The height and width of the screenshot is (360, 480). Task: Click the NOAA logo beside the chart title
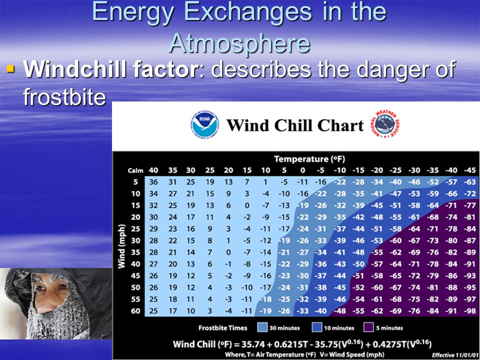click(x=205, y=125)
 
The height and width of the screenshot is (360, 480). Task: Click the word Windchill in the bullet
click(x=75, y=69)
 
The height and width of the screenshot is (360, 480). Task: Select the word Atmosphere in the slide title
click(x=239, y=43)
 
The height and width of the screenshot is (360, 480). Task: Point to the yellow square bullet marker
click(x=10, y=68)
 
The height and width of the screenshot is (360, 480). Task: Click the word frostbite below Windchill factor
click(x=64, y=97)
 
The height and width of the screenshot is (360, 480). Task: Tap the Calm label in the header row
click(x=135, y=170)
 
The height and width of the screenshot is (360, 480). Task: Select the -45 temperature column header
click(x=469, y=170)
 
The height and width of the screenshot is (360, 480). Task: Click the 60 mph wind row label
click(x=135, y=311)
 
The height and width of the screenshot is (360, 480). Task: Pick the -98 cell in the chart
click(x=469, y=311)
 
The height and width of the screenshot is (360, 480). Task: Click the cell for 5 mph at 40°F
click(x=153, y=182)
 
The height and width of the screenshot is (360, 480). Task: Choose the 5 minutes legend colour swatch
click(x=368, y=327)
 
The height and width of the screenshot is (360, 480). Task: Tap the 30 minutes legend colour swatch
click(x=262, y=327)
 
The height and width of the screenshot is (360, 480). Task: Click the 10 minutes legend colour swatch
click(x=317, y=327)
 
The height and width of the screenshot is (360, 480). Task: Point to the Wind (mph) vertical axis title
click(x=122, y=246)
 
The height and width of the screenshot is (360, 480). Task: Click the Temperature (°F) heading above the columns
click(x=309, y=159)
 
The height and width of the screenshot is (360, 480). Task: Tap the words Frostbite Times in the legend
click(x=222, y=328)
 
